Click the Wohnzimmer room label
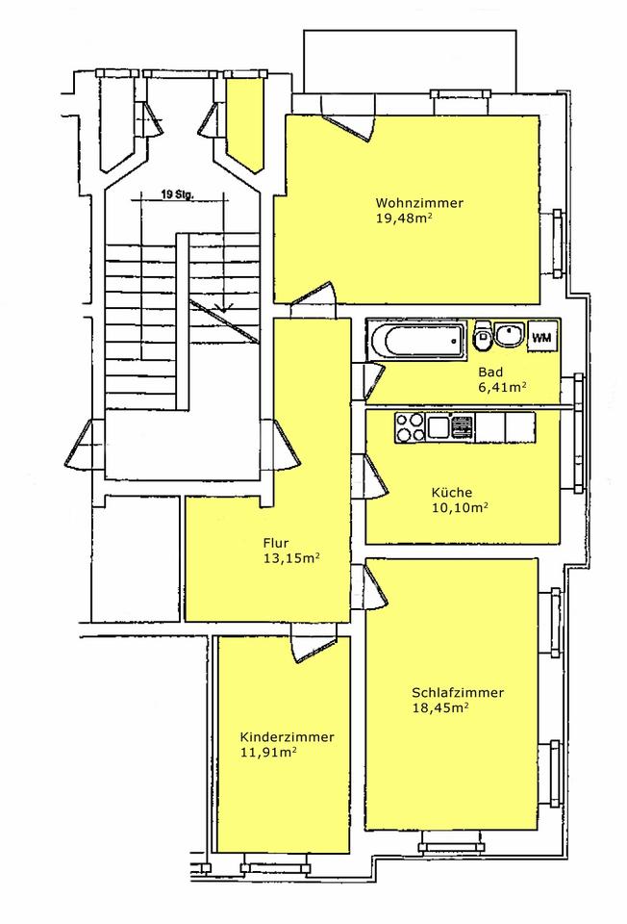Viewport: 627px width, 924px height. tap(419, 203)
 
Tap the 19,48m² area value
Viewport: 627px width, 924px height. tap(405, 218)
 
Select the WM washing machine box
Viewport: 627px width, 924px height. tap(541, 338)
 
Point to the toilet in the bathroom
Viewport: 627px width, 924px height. tap(482, 335)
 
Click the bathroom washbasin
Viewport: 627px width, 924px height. tap(508, 335)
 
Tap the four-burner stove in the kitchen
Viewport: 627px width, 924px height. tap(409, 427)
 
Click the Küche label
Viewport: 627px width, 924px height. tap(452, 493)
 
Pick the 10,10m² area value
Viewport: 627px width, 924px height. tap(460, 508)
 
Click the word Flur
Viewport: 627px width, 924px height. tap(276, 543)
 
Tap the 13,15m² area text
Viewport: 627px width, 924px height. tap(291, 558)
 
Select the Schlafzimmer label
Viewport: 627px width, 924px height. tap(458, 692)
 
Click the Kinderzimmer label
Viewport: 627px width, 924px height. tap(288, 737)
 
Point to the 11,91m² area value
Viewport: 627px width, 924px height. tap(268, 753)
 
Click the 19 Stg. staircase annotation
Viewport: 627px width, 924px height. tap(176, 194)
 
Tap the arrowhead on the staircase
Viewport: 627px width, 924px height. tap(224, 306)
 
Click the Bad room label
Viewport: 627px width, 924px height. tap(490, 372)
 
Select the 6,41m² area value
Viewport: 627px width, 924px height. tap(502, 388)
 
